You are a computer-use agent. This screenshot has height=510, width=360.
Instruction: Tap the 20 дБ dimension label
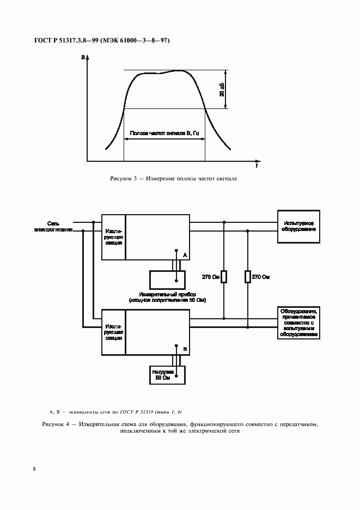[222, 90]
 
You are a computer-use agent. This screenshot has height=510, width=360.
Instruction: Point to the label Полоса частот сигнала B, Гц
[164, 132]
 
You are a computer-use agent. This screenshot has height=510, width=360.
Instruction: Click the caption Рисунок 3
[173, 179]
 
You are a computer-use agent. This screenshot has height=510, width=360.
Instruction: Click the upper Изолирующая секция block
[113, 238]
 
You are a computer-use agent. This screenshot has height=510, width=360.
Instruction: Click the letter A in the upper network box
[184, 254]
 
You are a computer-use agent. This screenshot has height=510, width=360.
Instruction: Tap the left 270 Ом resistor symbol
[223, 277]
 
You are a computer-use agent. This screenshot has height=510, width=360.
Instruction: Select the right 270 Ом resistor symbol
[248, 277]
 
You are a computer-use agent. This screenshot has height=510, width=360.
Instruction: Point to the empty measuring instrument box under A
[167, 280]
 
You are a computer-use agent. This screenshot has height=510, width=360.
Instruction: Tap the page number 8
[34, 469]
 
